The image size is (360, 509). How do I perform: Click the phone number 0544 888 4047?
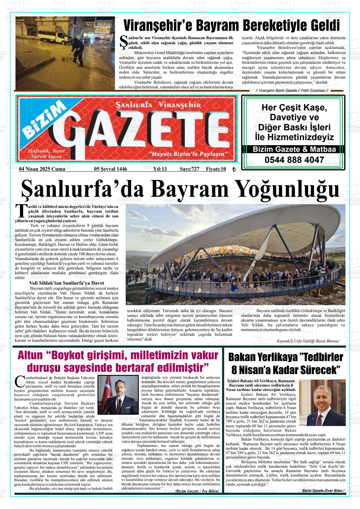coord(294,160)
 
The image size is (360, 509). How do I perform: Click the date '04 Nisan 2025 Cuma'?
coord(42,169)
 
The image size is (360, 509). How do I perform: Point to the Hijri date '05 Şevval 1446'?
coord(111,169)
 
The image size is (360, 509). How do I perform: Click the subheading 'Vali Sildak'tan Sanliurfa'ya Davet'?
coord(66,283)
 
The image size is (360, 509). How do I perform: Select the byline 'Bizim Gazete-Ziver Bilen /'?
coord(323,491)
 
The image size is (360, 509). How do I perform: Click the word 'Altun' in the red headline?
coord(30,356)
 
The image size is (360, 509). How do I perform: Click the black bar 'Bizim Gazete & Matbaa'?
coord(294,150)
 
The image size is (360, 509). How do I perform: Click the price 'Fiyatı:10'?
coord(216,169)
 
